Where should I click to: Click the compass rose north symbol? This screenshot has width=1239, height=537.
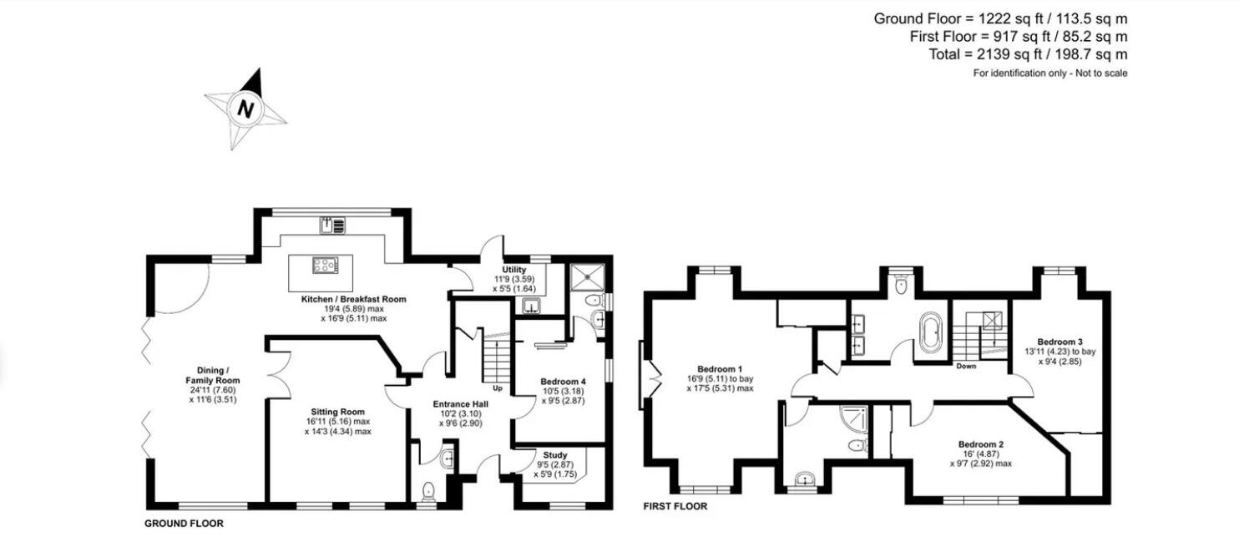point(245,109)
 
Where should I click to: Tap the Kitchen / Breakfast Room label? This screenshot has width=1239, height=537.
point(353,299)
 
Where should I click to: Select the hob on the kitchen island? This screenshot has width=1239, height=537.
point(321,266)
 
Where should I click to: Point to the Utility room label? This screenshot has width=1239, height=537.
point(513,270)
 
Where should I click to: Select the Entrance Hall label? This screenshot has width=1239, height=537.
point(460,404)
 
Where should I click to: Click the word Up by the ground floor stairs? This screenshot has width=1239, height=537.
point(498,388)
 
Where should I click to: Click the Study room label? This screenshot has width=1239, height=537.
point(555,455)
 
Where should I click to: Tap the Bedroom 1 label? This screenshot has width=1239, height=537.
point(719,369)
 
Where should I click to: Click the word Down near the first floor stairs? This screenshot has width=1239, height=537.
point(966,366)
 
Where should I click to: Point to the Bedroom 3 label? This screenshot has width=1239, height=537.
point(1059,342)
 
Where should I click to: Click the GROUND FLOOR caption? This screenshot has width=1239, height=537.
point(185,524)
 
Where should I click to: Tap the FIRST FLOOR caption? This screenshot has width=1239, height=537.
point(675,506)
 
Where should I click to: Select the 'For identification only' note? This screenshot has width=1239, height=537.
point(1049,73)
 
